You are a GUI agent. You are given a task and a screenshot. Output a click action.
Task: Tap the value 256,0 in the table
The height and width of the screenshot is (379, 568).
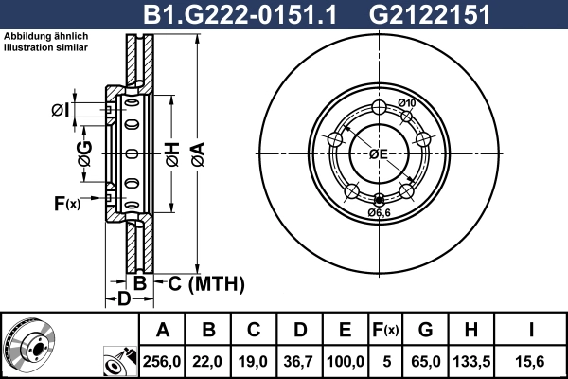[x=162, y=360]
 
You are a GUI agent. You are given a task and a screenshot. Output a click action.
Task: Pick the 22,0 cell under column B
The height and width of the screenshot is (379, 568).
[x=209, y=360]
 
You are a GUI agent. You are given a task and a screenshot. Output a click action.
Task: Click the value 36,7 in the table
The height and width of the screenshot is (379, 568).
[x=300, y=360]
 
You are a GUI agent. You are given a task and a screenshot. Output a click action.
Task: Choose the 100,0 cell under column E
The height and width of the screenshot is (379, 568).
[x=346, y=360]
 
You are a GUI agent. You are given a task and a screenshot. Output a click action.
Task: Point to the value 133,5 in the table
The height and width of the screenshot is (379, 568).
[x=470, y=360]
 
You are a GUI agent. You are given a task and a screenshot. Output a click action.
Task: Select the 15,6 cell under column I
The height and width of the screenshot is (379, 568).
[x=531, y=360]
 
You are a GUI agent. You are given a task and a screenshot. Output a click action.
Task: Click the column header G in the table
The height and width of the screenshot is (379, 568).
[x=425, y=330]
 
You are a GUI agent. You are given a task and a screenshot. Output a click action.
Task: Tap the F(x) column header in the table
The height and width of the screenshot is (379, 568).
[x=386, y=330]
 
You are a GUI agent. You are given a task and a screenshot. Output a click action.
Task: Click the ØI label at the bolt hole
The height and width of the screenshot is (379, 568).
[x=60, y=111]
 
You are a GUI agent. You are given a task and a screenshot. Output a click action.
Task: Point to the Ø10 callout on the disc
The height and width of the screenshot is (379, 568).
[x=407, y=103]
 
